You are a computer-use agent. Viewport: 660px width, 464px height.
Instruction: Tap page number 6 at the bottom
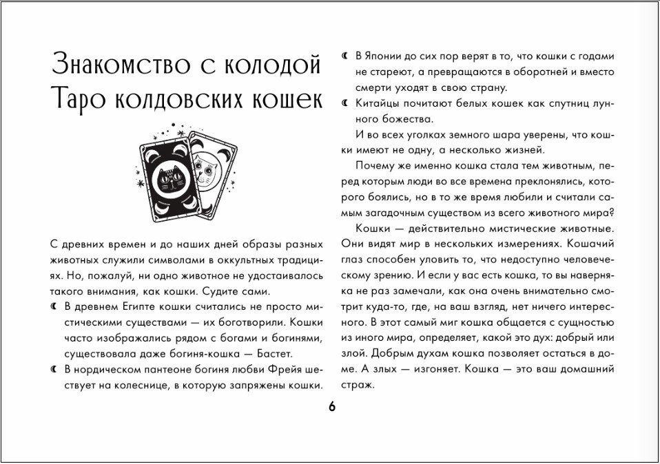click(x=331, y=407)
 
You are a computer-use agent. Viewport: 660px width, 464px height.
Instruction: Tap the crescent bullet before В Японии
click(x=345, y=56)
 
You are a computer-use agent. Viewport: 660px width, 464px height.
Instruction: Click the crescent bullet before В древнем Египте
click(x=54, y=304)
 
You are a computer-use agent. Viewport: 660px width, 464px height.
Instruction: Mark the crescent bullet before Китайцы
click(x=345, y=103)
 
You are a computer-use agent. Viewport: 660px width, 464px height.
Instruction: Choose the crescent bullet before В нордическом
click(x=54, y=371)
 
